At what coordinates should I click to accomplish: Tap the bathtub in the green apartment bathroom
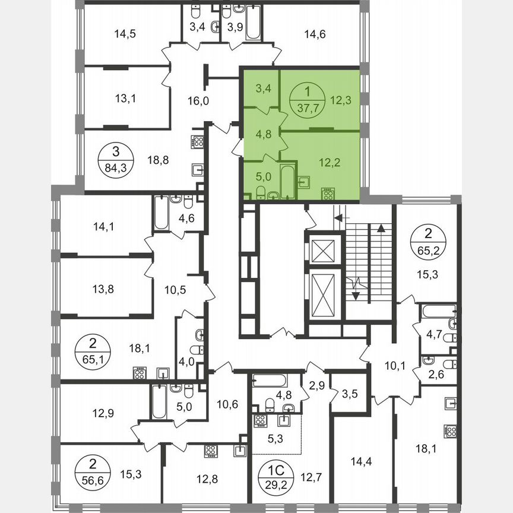click(287, 182)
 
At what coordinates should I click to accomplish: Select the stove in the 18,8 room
click(198, 142)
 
